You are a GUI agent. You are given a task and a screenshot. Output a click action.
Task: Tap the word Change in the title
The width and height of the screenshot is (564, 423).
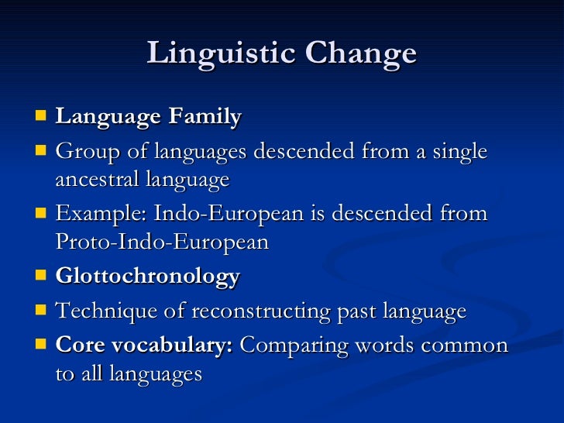[x=361, y=53]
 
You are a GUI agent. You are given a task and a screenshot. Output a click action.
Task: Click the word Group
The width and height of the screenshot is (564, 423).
[x=84, y=152]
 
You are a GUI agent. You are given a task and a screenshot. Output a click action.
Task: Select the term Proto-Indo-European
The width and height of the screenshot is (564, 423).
[x=162, y=242]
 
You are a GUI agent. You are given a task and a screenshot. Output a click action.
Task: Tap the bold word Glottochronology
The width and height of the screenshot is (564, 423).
[x=147, y=277]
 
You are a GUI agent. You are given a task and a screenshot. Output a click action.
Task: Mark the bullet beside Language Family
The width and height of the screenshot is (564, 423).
[x=40, y=117]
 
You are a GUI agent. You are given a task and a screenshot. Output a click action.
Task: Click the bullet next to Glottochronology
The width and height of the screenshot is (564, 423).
[x=40, y=277]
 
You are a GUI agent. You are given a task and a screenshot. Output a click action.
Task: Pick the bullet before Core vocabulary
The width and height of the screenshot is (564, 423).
[x=40, y=346]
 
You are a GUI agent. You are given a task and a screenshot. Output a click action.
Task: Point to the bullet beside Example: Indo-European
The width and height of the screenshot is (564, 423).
[x=40, y=213]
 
